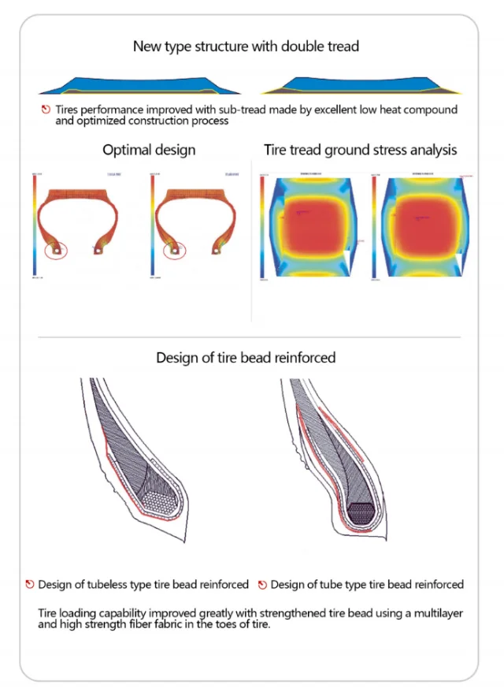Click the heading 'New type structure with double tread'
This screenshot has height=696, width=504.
pyautogui.click(x=246, y=47)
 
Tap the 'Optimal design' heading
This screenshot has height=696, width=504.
pyautogui.click(x=149, y=149)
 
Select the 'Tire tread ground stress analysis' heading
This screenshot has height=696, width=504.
pyautogui.click(x=360, y=149)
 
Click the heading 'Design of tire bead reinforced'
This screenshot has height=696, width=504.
pyautogui.click(x=246, y=357)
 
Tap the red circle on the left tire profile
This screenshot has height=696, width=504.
pyautogui.click(x=56, y=250)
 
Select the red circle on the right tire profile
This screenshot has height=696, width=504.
pyautogui.click(x=174, y=251)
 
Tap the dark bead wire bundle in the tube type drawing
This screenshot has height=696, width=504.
pyautogui.click(x=363, y=511)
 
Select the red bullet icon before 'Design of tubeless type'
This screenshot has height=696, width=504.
pyautogui.click(x=29, y=585)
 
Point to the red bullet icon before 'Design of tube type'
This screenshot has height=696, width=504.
pyautogui.click(x=261, y=585)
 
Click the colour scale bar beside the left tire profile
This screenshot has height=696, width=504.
pyautogui.click(x=34, y=224)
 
